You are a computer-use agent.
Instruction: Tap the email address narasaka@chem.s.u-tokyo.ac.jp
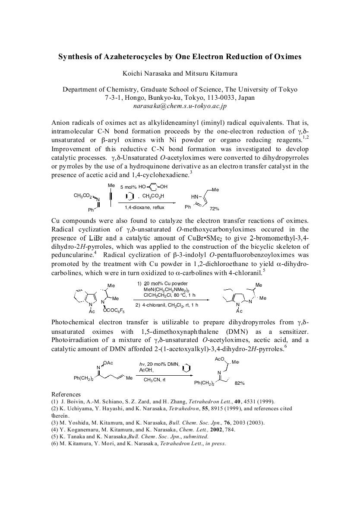(180, 105)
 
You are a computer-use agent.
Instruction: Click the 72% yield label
(214, 209)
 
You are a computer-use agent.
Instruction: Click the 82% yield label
(240, 383)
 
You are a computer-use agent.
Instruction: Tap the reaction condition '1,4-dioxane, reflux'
(146, 208)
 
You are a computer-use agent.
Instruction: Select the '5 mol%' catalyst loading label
(128, 187)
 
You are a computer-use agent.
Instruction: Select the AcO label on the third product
(220, 359)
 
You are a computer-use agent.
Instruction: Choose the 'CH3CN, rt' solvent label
(155, 380)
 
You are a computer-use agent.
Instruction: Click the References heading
(66, 394)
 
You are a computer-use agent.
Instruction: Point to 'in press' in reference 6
(216, 443)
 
